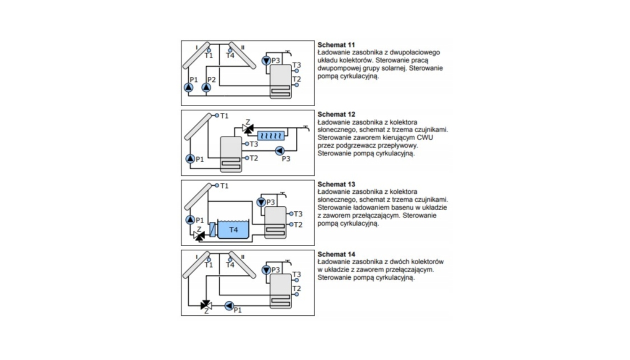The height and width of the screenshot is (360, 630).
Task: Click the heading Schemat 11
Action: click(332, 45)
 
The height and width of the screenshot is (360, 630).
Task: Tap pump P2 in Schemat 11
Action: click(206, 87)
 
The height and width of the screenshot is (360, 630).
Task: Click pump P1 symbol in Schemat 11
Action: click(188, 87)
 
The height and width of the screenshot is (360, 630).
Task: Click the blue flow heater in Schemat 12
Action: click(271, 135)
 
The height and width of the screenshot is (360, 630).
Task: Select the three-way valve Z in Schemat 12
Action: click(246, 128)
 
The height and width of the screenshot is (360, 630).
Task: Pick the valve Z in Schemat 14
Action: click(205, 305)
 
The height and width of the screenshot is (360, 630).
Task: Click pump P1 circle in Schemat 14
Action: click(229, 305)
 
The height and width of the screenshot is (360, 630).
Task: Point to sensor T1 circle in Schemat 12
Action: click(217, 115)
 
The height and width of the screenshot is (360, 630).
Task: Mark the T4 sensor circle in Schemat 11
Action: click(230, 50)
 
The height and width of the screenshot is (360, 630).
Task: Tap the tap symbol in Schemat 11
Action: click(289, 52)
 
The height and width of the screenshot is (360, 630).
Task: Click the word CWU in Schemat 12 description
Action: click(425, 137)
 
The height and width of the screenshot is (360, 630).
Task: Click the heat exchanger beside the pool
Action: click(212, 229)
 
